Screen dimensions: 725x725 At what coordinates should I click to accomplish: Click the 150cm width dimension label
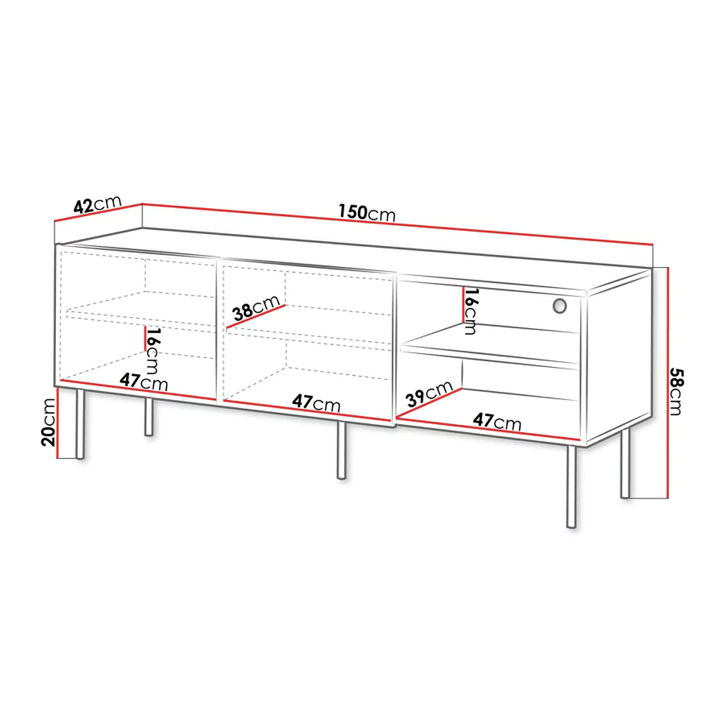(367, 212)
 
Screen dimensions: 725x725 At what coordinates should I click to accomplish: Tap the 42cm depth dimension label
(97, 204)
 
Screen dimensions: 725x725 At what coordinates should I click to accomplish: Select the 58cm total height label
(676, 391)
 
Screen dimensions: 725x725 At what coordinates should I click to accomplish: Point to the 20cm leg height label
(48, 422)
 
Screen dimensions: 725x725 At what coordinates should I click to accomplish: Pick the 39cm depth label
(429, 394)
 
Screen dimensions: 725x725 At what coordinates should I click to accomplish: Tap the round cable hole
(560, 306)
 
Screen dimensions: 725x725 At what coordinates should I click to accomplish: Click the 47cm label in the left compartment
(144, 382)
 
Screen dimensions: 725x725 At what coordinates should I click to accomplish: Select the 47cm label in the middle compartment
(316, 403)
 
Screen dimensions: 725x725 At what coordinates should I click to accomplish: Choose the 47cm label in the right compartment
(497, 421)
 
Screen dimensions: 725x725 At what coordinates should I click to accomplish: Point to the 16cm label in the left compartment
(152, 351)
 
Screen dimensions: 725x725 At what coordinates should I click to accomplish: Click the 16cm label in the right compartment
(471, 311)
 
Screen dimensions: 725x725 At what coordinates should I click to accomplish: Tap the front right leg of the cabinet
(572, 487)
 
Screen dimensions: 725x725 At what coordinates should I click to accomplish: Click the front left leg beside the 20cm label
(80, 424)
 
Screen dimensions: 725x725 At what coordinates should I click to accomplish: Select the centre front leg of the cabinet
(342, 450)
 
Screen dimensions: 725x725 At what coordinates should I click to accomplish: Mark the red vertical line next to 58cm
(668, 383)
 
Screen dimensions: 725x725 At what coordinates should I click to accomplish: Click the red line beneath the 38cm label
(256, 317)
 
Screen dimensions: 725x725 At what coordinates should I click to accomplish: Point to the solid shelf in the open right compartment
(490, 346)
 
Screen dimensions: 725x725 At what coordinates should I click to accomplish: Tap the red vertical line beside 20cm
(58, 422)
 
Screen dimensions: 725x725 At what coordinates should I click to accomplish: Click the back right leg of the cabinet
(625, 463)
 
